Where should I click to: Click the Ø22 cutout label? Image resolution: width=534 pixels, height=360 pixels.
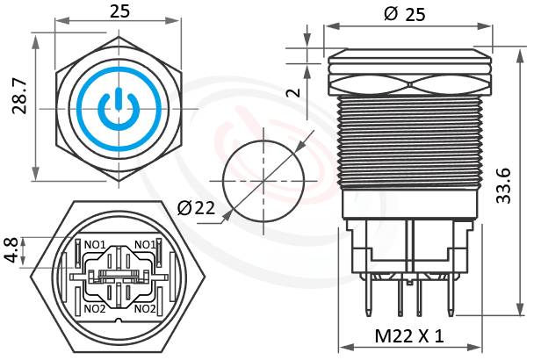[x=197, y=208]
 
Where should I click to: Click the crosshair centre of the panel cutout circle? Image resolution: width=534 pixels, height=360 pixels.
[x=263, y=181]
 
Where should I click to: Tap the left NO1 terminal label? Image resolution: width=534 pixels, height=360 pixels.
[x=94, y=244]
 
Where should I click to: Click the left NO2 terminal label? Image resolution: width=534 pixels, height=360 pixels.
[x=94, y=308]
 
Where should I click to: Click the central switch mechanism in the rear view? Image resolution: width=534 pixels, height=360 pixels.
[x=119, y=276]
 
